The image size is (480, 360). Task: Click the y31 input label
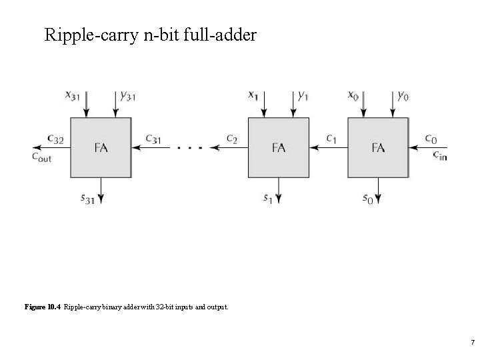(127, 96)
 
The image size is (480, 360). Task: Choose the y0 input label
(403, 96)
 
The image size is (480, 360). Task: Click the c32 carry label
(55, 139)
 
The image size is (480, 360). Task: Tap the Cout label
(41, 157)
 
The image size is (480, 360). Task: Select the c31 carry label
(154, 139)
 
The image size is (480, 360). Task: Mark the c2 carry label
(231, 139)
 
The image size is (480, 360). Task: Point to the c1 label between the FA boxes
(331, 139)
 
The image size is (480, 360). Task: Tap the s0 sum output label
(367, 198)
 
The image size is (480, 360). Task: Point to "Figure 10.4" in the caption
(43, 307)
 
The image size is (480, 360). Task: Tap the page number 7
(472, 343)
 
